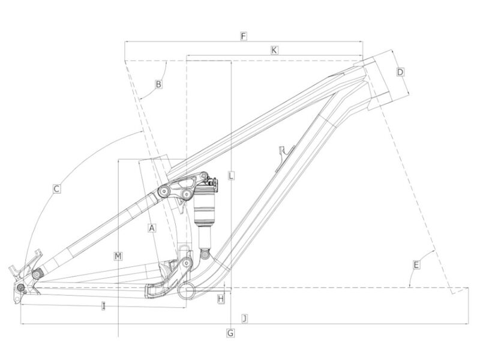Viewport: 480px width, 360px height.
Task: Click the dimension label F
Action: click(244, 37)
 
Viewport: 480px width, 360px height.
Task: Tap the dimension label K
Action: click(274, 50)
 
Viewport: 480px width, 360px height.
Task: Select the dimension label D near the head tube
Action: click(400, 72)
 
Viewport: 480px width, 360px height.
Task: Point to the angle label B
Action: click(158, 84)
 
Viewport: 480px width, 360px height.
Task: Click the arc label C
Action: click(56, 188)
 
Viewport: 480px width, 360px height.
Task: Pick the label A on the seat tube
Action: click(152, 228)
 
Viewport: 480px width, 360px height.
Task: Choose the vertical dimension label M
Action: click(118, 256)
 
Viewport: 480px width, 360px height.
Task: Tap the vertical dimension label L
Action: click(231, 176)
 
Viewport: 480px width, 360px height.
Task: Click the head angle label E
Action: click(416, 265)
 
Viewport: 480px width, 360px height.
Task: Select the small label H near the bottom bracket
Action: click(221, 298)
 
